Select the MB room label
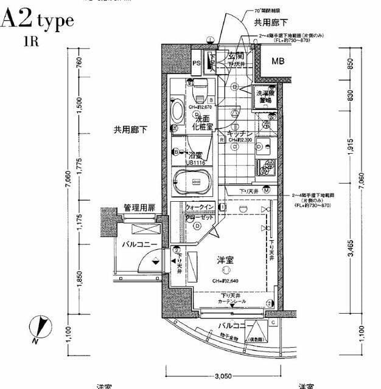[278, 61]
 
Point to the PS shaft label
[196, 63]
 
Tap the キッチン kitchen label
[240, 133]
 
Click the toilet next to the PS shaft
[198, 92]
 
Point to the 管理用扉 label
[138, 208]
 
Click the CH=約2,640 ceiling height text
[225, 281]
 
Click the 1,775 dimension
[79, 165]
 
